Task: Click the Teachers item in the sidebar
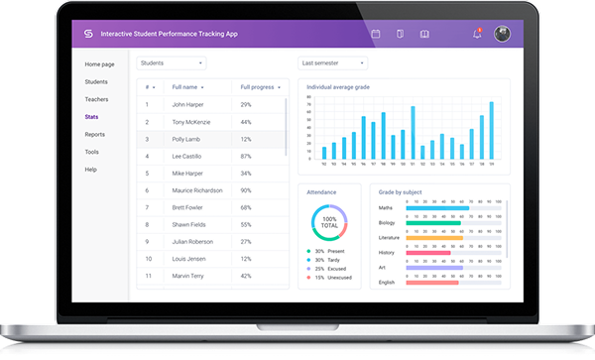point(96,99)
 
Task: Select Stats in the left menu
point(91,117)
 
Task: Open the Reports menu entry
point(95,134)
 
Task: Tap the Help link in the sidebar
point(90,169)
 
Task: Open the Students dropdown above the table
point(171,62)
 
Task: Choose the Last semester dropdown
point(332,62)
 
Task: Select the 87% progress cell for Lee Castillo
point(246,156)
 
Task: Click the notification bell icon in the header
point(477,34)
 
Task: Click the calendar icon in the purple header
point(376,34)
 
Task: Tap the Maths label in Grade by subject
point(386,208)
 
